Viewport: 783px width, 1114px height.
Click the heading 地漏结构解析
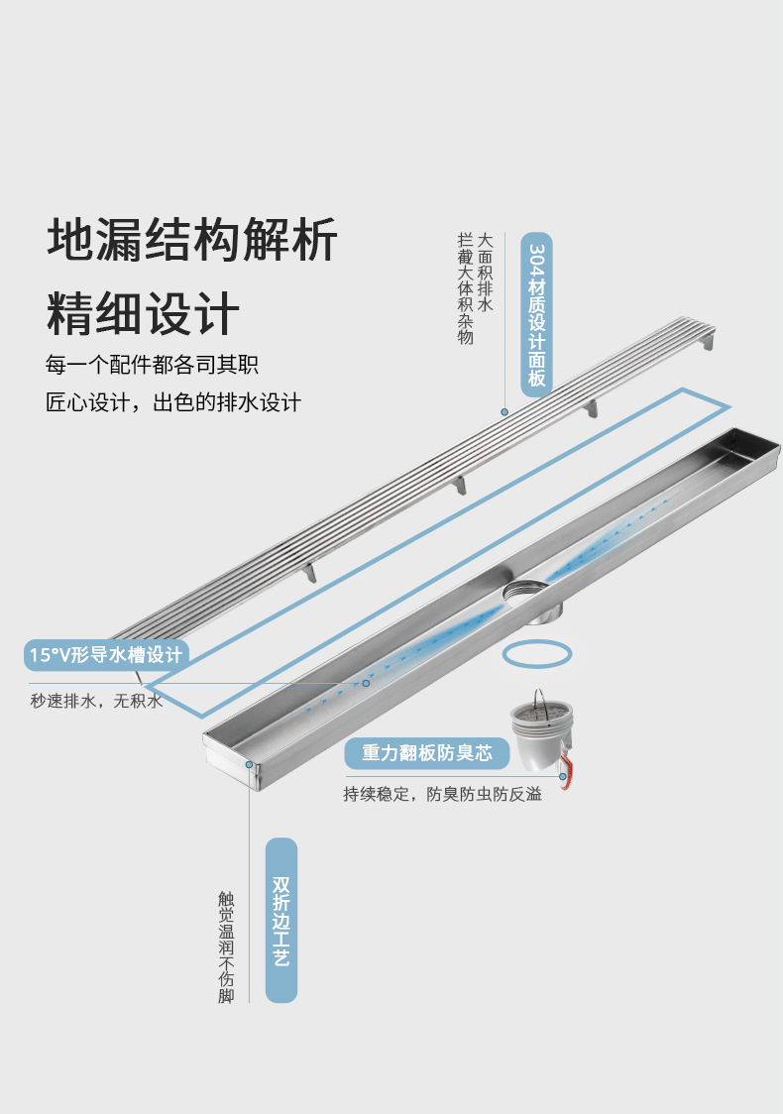click(192, 241)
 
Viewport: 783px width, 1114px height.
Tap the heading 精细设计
click(143, 312)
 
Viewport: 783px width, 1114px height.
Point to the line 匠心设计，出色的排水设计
click(173, 402)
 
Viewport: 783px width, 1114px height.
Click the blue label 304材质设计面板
click(536, 315)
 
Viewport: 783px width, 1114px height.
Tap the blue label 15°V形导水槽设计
click(106, 654)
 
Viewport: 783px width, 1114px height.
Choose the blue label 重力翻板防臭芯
click(426, 753)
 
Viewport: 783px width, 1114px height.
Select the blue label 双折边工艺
click(281, 920)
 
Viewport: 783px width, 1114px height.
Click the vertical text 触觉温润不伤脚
click(226, 947)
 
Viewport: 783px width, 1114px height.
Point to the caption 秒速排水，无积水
click(95, 701)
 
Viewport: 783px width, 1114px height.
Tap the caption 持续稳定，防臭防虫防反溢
click(442, 794)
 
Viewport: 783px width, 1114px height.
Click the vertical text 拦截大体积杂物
click(465, 288)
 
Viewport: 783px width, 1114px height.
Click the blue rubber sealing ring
click(537, 654)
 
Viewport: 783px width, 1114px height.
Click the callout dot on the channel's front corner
click(250, 764)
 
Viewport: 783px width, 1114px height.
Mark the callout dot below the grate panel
click(504, 411)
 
